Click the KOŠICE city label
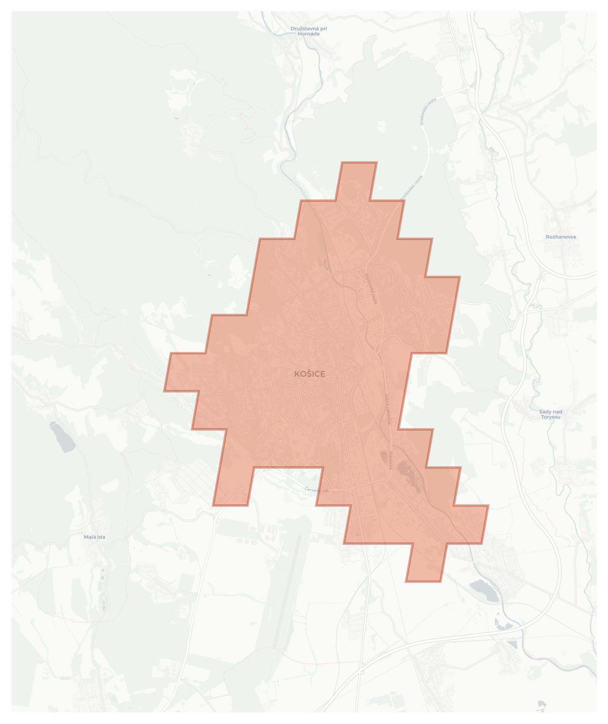click(309, 374)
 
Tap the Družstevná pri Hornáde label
click(309, 31)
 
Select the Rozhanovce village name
click(560, 237)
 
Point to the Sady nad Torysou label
click(550, 414)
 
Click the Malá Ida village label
click(94, 537)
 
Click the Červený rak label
click(316, 490)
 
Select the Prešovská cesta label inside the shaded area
click(371, 289)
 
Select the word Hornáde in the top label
click(309, 34)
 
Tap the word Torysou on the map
click(550, 417)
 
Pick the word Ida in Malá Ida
click(101, 537)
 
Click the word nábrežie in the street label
click(388, 415)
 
